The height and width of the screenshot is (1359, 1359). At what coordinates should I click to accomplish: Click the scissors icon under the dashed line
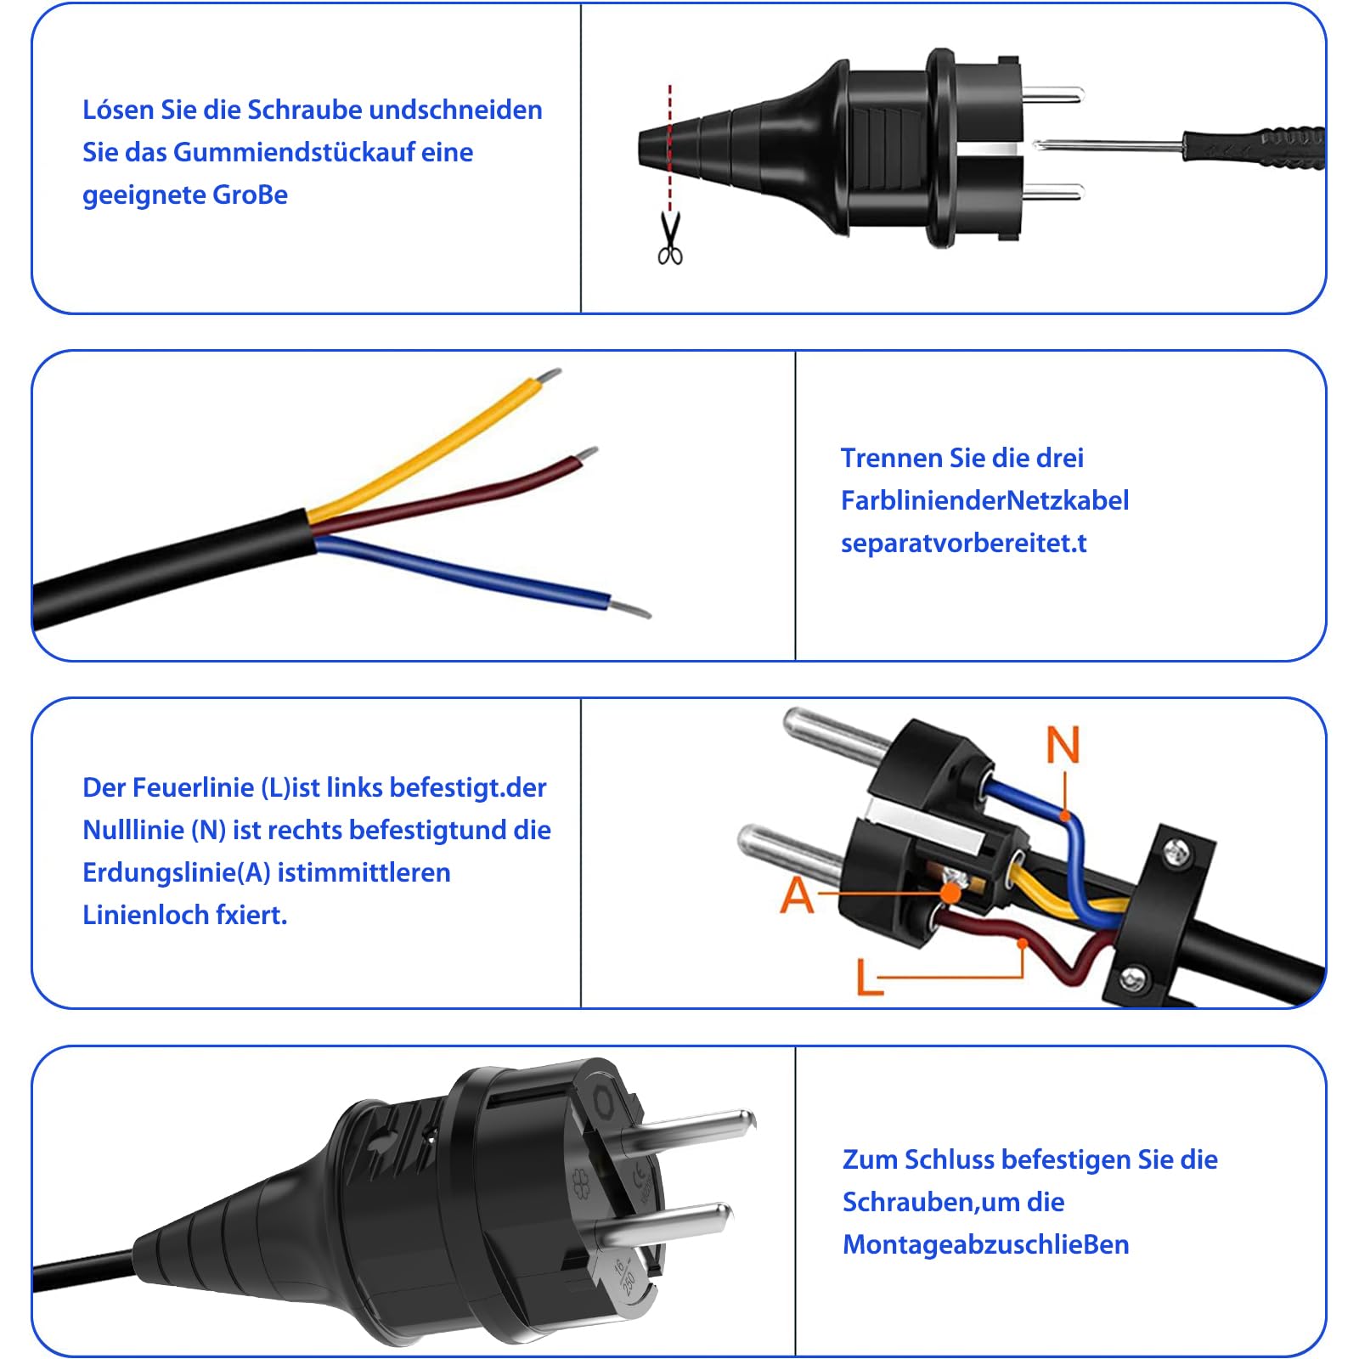tap(670, 240)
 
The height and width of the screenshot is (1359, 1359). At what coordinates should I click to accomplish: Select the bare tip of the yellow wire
tap(550, 375)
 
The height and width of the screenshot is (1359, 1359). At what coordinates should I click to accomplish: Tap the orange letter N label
tap(1063, 745)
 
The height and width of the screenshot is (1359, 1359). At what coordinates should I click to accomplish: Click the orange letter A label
tap(797, 895)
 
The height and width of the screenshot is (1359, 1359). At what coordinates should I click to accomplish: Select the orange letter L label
tap(868, 977)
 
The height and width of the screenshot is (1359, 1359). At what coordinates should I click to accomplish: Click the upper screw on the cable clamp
tap(1176, 850)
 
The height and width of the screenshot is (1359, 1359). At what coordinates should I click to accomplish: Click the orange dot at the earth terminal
tap(951, 894)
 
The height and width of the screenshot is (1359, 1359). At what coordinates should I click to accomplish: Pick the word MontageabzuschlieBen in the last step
tap(985, 1245)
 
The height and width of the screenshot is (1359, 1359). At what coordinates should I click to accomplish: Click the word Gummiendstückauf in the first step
tap(323, 153)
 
